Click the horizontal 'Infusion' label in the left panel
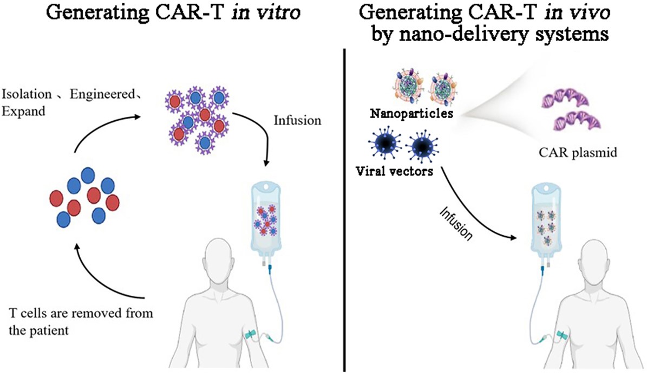coord(297,120)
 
